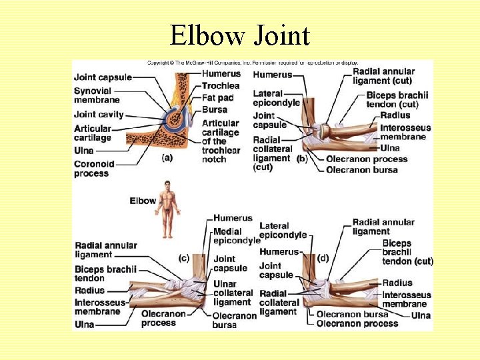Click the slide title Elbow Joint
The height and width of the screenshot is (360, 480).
[239, 35]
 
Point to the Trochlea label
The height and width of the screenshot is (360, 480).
[220, 85]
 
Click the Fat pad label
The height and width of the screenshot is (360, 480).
[217, 97]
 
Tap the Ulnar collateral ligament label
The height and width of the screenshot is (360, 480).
[233, 293]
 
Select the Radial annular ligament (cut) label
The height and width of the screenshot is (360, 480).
[383, 76]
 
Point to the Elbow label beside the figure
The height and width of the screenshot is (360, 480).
[143, 200]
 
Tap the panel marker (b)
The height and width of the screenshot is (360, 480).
[302, 158]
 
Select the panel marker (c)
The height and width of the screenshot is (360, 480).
[184, 257]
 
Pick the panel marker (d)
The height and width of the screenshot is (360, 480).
[324, 257]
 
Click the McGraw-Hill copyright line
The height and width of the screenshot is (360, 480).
[253, 63]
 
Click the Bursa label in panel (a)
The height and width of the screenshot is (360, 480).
[214, 109]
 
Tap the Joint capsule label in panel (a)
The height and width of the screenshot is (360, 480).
[103, 77]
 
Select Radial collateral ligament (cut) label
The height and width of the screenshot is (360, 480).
[271, 153]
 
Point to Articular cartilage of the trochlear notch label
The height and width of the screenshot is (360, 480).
[220, 141]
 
